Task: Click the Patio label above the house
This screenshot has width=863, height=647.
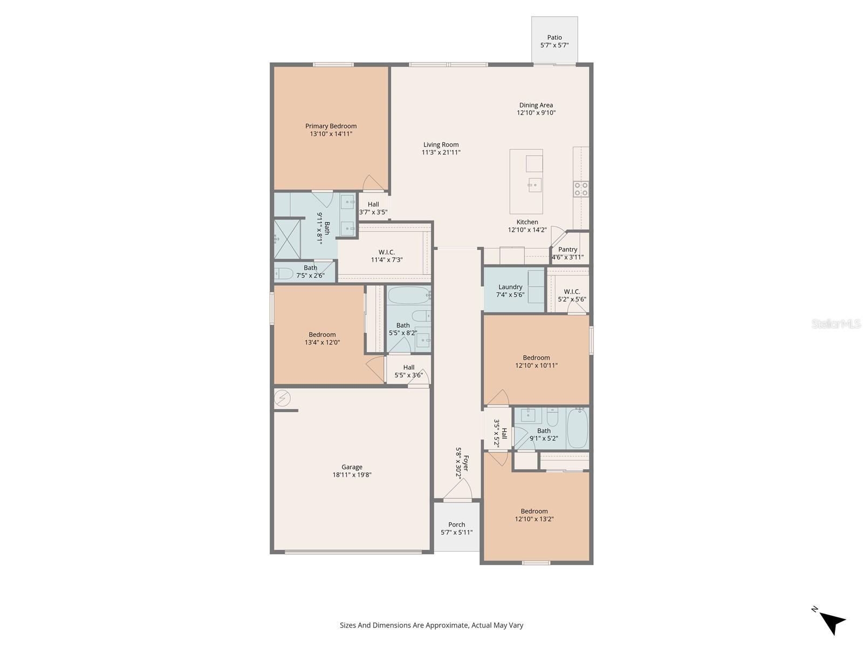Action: (554, 38)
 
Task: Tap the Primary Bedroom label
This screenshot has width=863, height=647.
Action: (331, 126)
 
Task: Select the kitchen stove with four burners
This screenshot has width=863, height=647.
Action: (581, 189)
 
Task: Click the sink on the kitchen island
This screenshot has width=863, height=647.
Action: (534, 185)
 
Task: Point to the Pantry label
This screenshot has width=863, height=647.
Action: (567, 250)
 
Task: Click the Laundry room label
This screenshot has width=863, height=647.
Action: (510, 287)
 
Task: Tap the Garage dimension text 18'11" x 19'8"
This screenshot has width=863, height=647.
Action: (352, 475)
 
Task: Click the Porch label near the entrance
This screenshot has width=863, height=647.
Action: (456, 525)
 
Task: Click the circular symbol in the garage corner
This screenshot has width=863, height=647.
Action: (282, 398)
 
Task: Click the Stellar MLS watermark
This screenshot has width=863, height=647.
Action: (835, 324)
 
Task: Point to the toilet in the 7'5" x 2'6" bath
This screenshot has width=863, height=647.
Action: (284, 273)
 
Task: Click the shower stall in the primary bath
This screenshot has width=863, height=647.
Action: (287, 239)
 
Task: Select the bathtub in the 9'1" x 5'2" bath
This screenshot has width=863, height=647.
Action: (577, 428)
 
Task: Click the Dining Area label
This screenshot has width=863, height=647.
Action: (536, 105)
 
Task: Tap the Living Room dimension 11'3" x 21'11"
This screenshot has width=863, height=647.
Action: (441, 153)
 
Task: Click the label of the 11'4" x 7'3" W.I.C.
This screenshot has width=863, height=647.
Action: (386, 252)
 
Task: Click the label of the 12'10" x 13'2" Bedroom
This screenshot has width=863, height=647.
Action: (534, 511)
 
